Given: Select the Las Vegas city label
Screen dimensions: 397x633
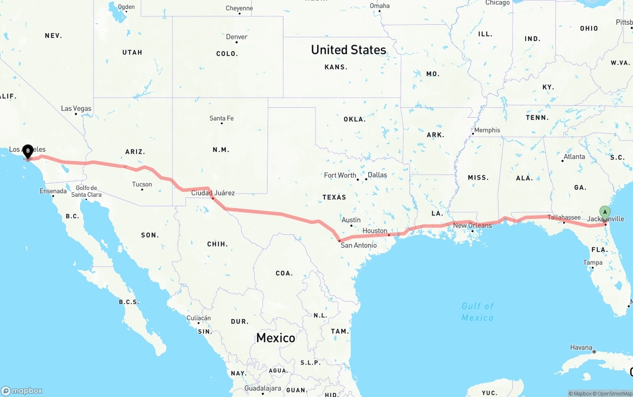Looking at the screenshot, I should coord(76,108).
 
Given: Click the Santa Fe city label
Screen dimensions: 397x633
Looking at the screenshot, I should coord(222,118).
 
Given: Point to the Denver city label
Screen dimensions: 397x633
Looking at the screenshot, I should coord(237,37).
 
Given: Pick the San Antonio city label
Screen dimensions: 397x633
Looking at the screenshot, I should coord(359,245).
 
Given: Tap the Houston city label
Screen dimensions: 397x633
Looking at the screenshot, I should coord(375,231).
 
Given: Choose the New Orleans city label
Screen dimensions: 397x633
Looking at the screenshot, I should coord(473,225).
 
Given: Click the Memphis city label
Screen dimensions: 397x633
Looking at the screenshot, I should coord(487,130).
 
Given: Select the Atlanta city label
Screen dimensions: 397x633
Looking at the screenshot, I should coord(574,157).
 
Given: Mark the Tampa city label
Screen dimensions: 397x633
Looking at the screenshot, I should coord(592,263).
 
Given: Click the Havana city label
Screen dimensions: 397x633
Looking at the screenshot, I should coord(581,348).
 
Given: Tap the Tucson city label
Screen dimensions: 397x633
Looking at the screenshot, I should coord(142,184).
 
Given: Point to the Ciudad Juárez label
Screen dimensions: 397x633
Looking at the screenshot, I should coord(213,193).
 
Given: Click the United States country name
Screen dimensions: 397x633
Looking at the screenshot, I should coord(349,49).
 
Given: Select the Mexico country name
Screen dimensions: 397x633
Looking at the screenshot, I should coord(275,338).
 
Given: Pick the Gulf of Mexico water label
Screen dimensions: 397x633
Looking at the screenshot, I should coord(477,312).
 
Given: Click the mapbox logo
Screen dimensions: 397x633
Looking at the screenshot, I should coord(22,391).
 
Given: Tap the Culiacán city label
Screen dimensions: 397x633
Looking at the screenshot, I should coord(199,318).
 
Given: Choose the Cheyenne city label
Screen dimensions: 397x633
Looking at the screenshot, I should coord(239,8).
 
